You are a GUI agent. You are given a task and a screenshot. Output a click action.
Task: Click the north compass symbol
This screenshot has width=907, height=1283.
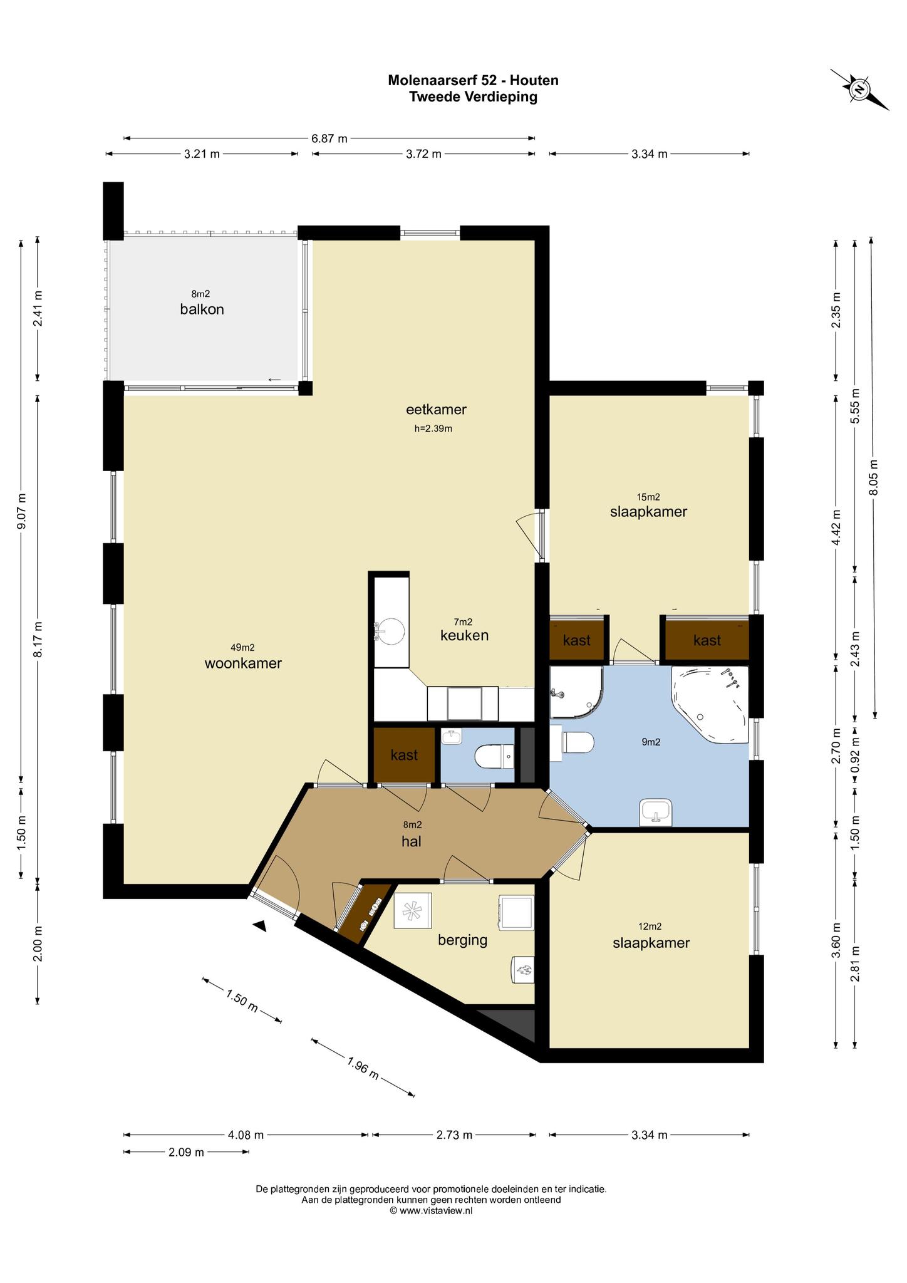(860, 90)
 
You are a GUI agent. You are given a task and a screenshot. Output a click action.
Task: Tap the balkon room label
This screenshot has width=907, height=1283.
(202, 309)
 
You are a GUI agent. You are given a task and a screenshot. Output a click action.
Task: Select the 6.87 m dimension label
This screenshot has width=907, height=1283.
(329, 138)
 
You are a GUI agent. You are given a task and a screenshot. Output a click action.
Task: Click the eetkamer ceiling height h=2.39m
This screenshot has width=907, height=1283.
(433, 429)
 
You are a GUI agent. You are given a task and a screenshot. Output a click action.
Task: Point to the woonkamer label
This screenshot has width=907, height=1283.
(243, 663)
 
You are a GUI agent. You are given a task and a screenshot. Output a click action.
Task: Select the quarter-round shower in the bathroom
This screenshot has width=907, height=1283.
(576, 692)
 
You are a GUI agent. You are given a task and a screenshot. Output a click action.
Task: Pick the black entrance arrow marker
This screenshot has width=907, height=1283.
(261, 925)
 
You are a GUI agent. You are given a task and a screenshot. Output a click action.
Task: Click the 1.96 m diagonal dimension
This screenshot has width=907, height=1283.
(363, 1067)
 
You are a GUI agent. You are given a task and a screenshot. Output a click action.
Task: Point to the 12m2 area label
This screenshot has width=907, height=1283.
(650, 927)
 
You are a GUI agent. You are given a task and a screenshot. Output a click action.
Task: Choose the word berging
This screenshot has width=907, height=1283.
(462, 940)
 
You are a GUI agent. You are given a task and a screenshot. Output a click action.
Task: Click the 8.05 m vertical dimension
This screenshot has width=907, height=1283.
(874, 477)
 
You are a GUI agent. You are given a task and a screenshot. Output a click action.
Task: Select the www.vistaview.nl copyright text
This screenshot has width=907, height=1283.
(431, 1211)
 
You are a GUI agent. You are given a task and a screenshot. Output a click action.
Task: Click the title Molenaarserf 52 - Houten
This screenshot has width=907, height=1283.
(473, 80)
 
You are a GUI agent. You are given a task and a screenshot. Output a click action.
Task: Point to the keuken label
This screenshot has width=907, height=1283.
(464, 635)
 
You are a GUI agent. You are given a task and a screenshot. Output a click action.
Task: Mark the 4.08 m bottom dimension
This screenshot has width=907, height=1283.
(246, 1135)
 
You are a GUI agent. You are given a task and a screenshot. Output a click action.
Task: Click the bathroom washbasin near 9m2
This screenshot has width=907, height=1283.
(656, 813)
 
